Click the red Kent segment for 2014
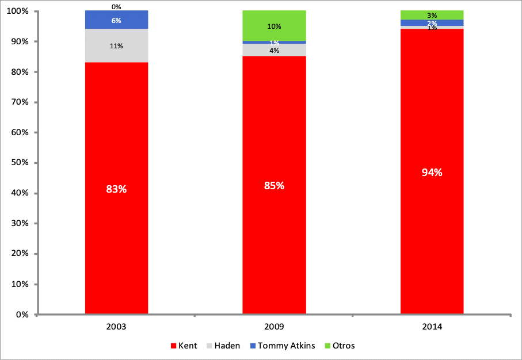tap(432, 230)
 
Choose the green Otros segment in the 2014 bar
tap(432, 14)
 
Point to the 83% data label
tap(116, 189)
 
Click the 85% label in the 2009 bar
tap(274, 186)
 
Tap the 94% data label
tap(432, 172)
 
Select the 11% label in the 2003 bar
tap(116, 46)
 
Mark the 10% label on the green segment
tap(274, 26)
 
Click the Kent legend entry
tap(184, 346)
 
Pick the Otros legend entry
tap(340, 346)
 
